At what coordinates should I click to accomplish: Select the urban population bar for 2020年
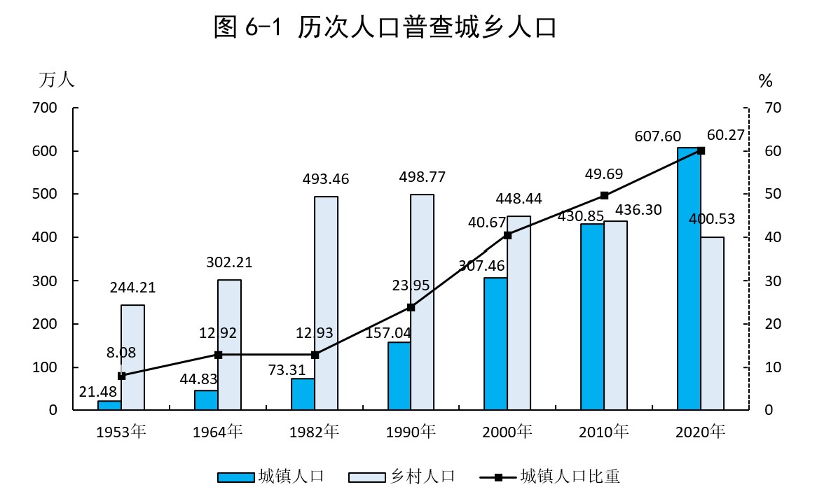689,280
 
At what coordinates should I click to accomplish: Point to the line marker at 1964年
218,355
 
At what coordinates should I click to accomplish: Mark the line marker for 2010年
604,195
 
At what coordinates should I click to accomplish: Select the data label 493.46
326,179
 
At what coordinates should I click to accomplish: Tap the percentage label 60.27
726,135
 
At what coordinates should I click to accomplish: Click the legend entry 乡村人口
402,477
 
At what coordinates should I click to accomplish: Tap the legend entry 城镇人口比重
550,477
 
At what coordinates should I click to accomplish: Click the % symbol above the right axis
765,81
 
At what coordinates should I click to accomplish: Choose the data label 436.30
639,209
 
